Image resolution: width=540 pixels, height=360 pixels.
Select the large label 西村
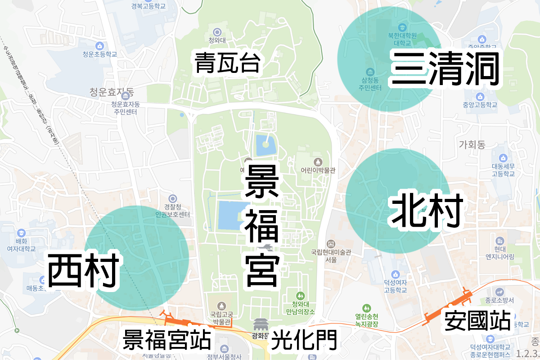(83, 270)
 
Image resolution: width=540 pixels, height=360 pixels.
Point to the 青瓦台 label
(227, 63)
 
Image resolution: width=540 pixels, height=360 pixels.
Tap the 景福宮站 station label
(167, 340)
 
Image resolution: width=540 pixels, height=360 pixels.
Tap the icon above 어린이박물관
(318, 162)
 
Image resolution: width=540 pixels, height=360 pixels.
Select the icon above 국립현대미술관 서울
(331, 243)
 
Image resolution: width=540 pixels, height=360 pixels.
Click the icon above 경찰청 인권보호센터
(172, 198)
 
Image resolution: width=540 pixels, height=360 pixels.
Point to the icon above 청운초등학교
(99, 45)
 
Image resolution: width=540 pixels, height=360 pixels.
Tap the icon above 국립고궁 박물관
(220, 306)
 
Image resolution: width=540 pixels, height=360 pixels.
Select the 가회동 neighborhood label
(472, 144)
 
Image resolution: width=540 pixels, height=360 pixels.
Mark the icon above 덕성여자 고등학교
(395, 274)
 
